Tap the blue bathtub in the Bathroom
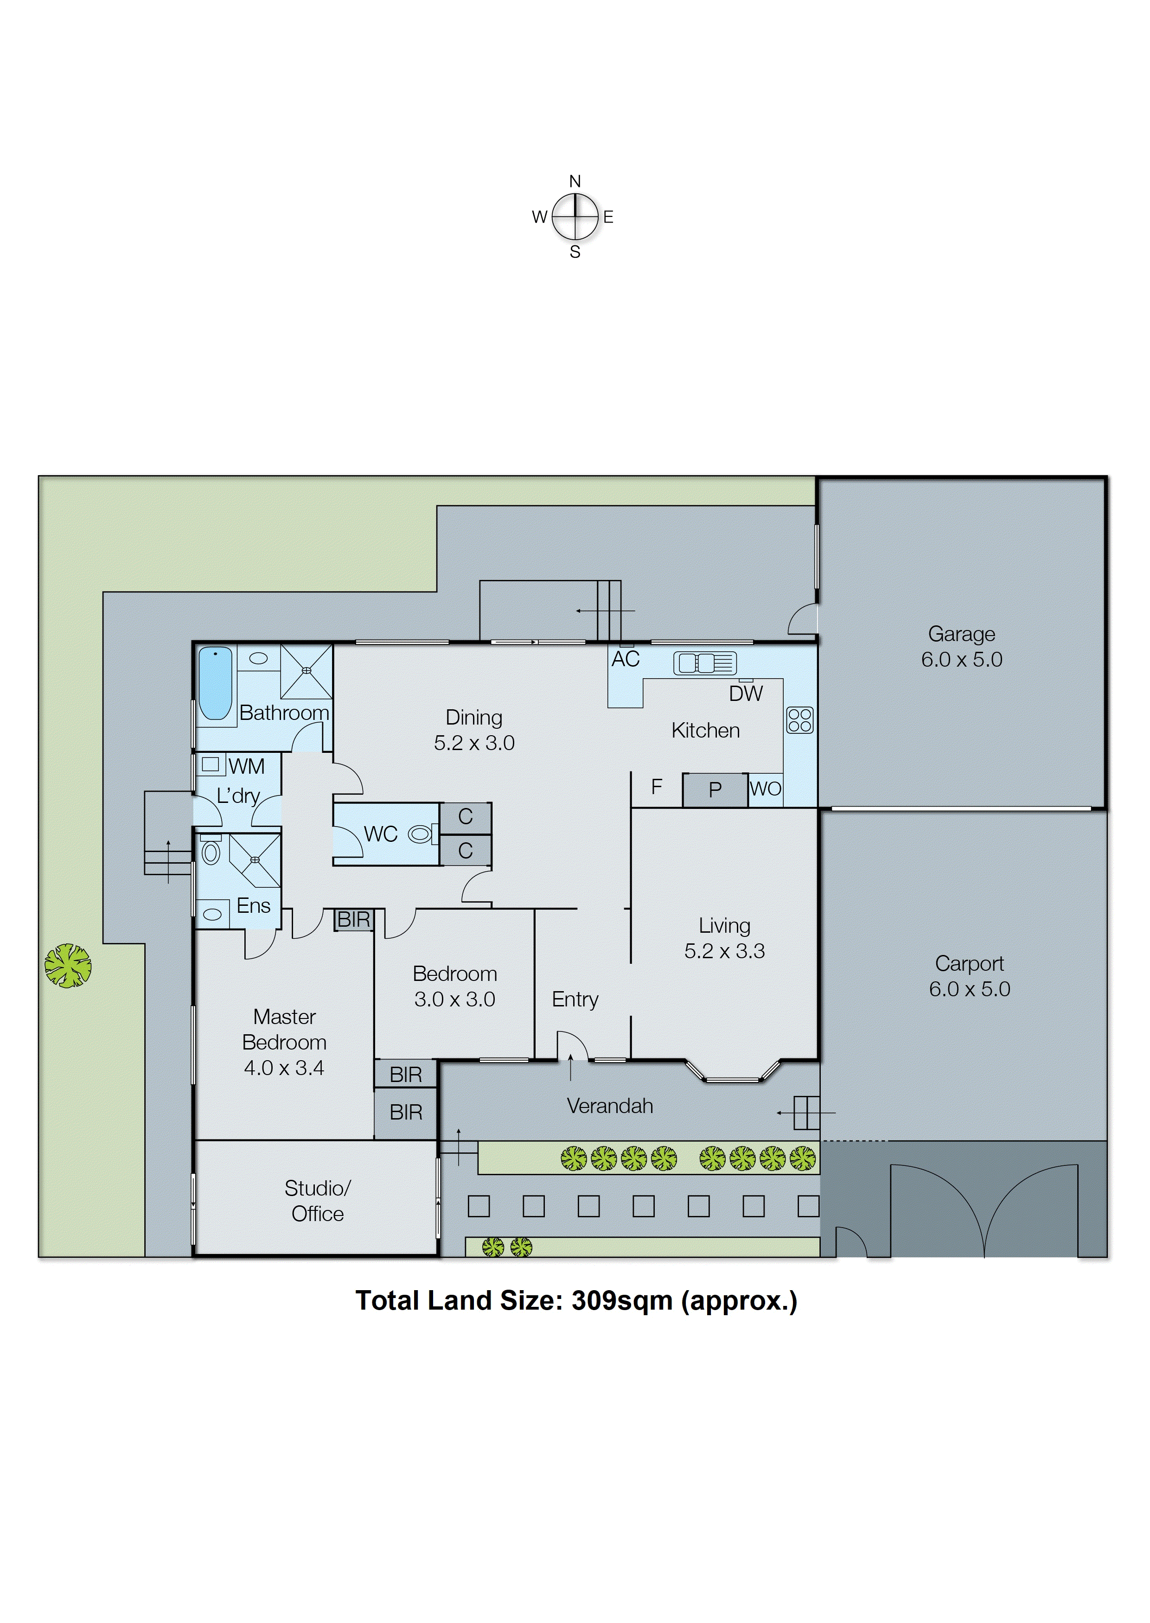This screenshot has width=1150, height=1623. pyautogui.click(x=215, y=682)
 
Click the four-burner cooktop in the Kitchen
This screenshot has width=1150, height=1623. pyautogui.click(x=799, y=720)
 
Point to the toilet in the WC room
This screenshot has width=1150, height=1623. pyautogui.click(x=420, y=834)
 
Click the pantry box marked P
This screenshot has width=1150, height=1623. pyautogui.click(x=715, y=789)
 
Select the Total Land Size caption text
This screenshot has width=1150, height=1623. pyautogui.click(x=576, y=1301)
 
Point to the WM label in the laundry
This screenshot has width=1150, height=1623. pyautogui.click(x=246, y=766)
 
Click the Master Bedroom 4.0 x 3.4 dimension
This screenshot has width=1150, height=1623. pyautogui.click(x=283, y=1067)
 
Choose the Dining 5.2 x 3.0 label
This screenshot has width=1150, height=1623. pyautogui.click(x=474, y=730)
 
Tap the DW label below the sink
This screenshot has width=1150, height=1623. pyautogui.click(x=745, y=694)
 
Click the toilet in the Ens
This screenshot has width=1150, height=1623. pyautogui.click(x=211, y=852)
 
